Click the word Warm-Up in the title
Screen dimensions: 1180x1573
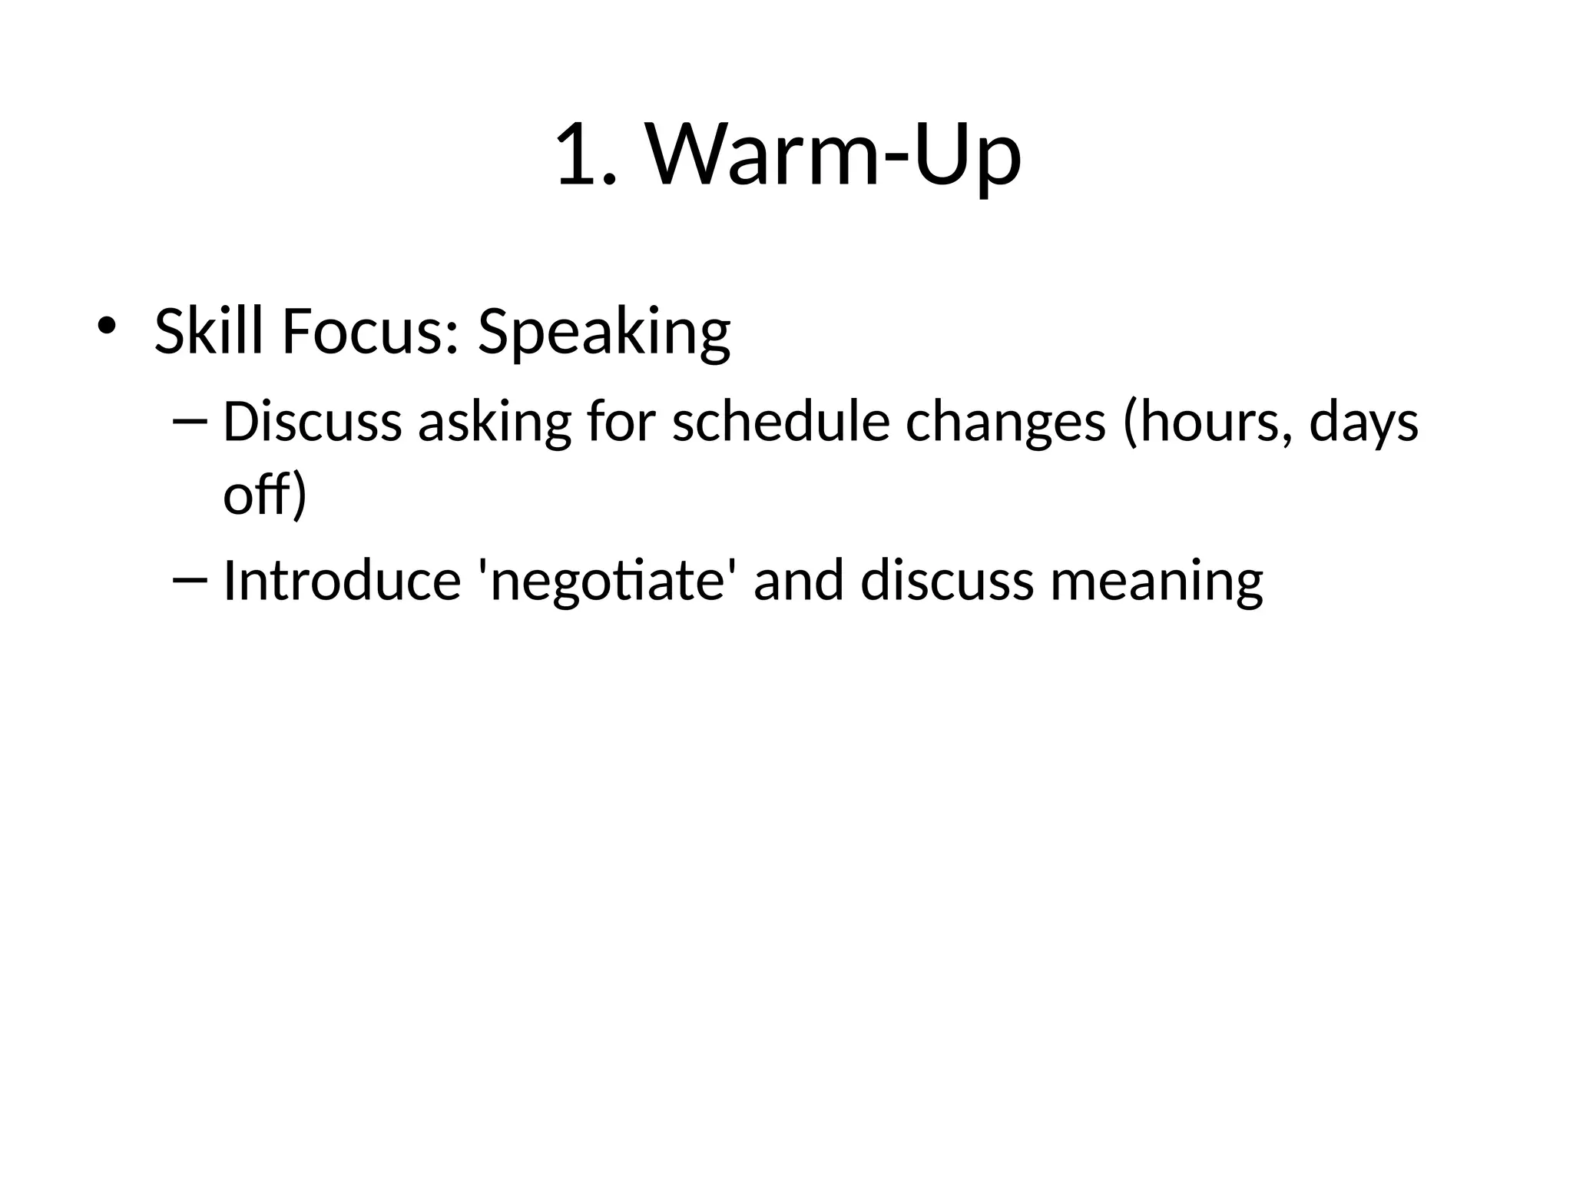pos(834,156)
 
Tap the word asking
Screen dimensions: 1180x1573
pos(495,423)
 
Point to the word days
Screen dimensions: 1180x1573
pos(1363,424)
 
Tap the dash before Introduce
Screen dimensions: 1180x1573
pos(190,580)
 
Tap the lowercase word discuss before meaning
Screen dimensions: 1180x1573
pos(947,580)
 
